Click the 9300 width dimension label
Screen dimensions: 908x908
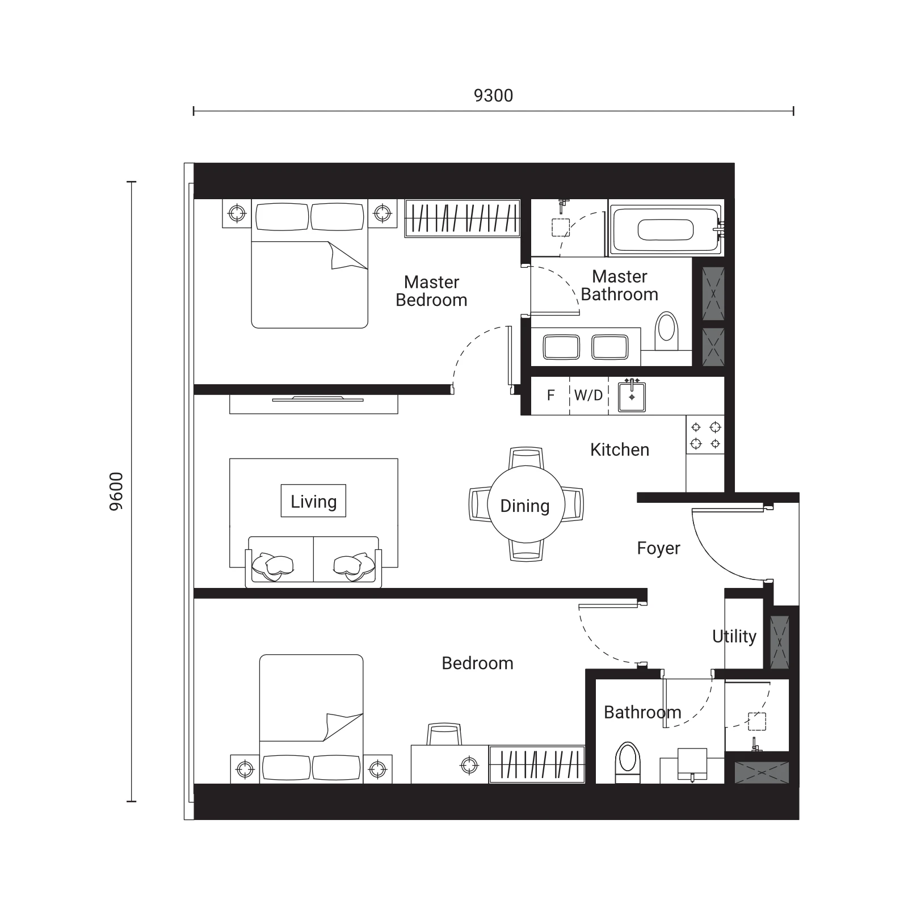point(493,95)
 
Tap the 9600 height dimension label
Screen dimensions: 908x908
point(116,491)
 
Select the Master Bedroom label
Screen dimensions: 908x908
point(431,291)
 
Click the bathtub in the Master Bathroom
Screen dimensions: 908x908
point(665,229)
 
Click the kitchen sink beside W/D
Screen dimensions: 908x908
point(632,395)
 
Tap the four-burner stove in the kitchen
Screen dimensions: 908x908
point(705,435)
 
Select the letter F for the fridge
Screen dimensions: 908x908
point(550,395)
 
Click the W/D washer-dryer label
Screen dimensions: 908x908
point(588,395)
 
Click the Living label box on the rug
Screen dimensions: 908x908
point(313,501)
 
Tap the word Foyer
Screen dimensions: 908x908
point(658,548)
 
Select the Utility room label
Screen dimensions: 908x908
point(734,636)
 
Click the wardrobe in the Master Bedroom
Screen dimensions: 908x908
point(462,218)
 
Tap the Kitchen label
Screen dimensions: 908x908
point(620,449)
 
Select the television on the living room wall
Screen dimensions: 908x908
point(317,399)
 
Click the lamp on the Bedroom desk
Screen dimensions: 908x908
point(469,766)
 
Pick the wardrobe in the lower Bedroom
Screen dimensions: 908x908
point(537,764)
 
